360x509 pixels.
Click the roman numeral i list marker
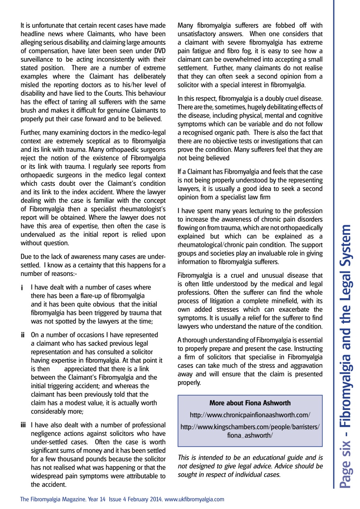pyautogui.click(x=23, y=286)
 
